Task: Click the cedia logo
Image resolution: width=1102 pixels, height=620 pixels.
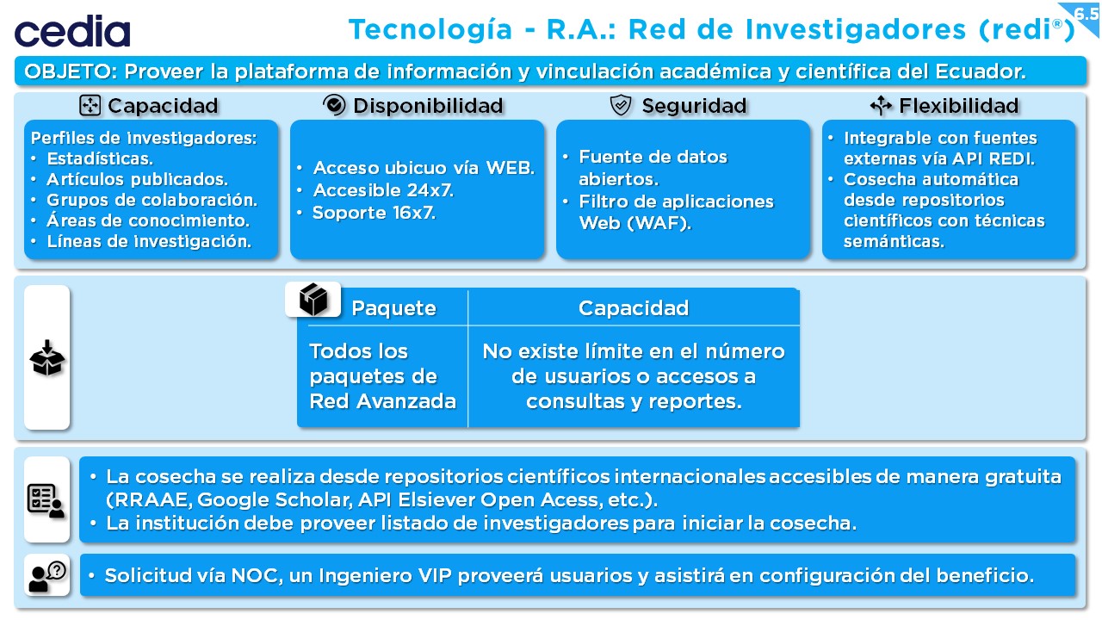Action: (x=72, y=31)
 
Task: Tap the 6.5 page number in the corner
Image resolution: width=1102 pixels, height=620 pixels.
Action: (x=1087, y=13)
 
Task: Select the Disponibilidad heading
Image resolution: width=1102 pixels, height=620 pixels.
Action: (x=428, y=106)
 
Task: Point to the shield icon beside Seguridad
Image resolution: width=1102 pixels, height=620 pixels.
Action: (x=621, y=105)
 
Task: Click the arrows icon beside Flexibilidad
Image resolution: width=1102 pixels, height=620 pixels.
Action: (x=881, y=105)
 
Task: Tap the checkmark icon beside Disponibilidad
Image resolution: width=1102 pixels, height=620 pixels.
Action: (x=334, y=105)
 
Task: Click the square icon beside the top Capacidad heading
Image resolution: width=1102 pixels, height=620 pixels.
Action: (x=90, y=106)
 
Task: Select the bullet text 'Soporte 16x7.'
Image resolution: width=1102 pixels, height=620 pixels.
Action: (x=374, y=213)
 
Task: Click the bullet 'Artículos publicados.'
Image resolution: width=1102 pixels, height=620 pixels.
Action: (x=137, y=179)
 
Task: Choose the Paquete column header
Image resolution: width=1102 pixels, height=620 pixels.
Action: (x=393, y=308)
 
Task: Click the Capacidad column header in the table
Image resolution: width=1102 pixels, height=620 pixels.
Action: (x=634, y=308)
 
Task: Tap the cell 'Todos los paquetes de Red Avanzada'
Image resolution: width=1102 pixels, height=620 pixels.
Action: (x=382, y=376)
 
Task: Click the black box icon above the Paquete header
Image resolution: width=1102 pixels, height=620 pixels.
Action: (x=313, y=299)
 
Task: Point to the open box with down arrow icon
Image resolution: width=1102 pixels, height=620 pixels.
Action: (x=47, y=357)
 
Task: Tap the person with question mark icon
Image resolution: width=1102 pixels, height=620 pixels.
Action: (x=47, y=576)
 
